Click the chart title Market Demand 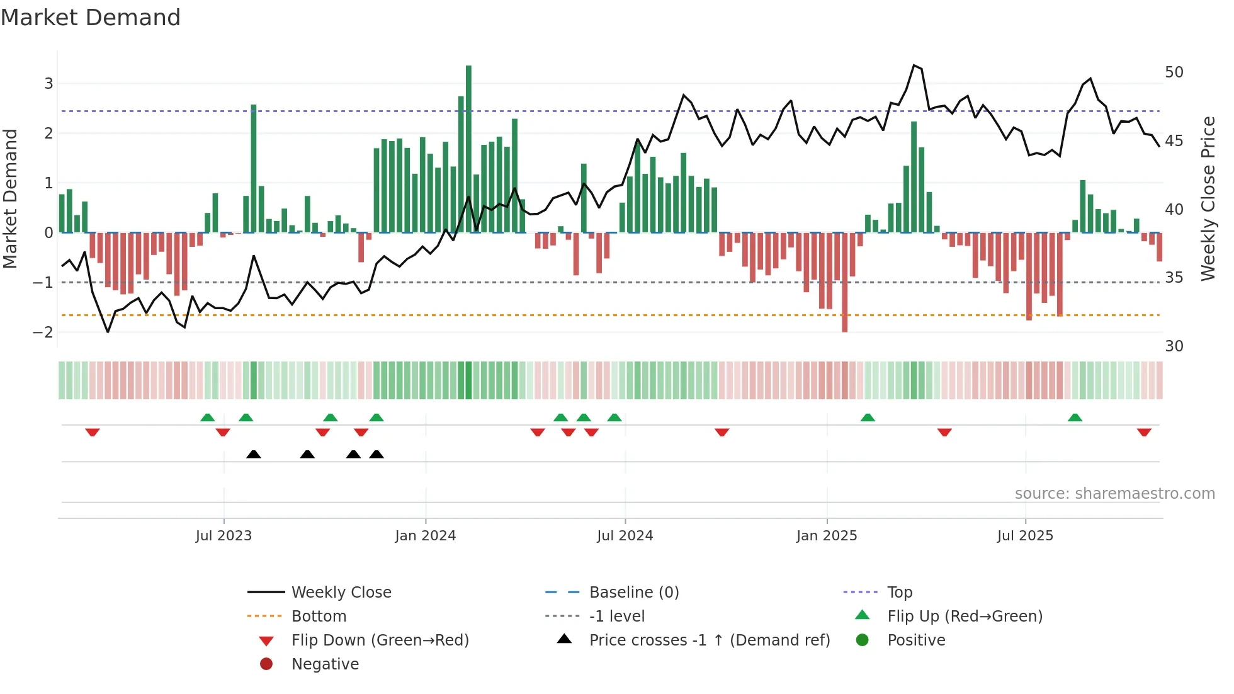(91, 17)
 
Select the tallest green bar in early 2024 (468, 149)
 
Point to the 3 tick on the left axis (48, 83)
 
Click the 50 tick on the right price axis (1174, 72)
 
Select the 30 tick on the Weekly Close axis (1174, 346)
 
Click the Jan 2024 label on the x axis (425, 535)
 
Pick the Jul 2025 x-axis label (1024, 535)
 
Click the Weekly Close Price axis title (1208, 198)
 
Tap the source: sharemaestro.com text (1114, 493)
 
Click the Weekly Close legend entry (341, 592)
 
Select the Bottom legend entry (319, 616)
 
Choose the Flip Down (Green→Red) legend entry (380, 640)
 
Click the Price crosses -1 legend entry (709, 640)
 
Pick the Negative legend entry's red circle (266, 664)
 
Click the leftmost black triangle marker (253, 454)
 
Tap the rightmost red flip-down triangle (1144, 432)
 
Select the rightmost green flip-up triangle (1075, 418)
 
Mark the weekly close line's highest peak (914, 65)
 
